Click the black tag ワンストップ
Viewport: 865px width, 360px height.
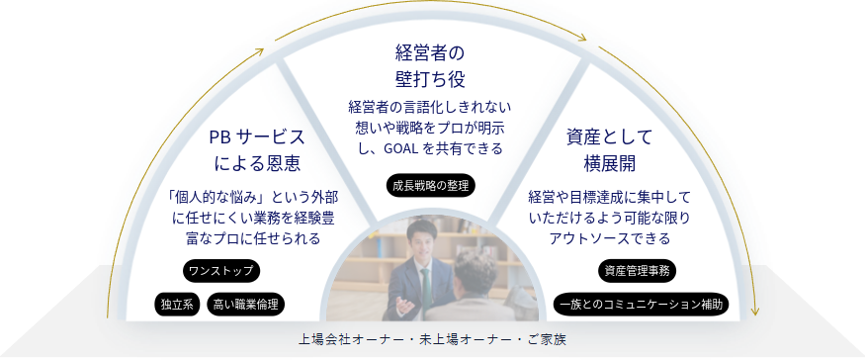(x=220, y=271)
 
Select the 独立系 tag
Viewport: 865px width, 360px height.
(x=177, y=305)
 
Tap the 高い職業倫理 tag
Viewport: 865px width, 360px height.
(x=245, y=305)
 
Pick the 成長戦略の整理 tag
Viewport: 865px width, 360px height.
(x=430, y=186)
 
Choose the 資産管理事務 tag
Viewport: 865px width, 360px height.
(x=638, y=271)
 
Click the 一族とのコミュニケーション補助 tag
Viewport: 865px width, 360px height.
(x=641, y=305)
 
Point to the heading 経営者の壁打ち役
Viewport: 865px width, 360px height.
(x=431, y=66)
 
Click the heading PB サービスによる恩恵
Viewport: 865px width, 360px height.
(x=256, y=149)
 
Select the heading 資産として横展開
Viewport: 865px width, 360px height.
(x=610, y=149)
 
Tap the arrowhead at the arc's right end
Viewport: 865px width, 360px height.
(x=754, y=312)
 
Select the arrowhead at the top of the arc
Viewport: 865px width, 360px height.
(x=582, y=38)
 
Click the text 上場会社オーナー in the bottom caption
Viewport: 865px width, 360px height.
(x=338, y=339)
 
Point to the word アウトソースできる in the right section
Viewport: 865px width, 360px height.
(x=610, y=238)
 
